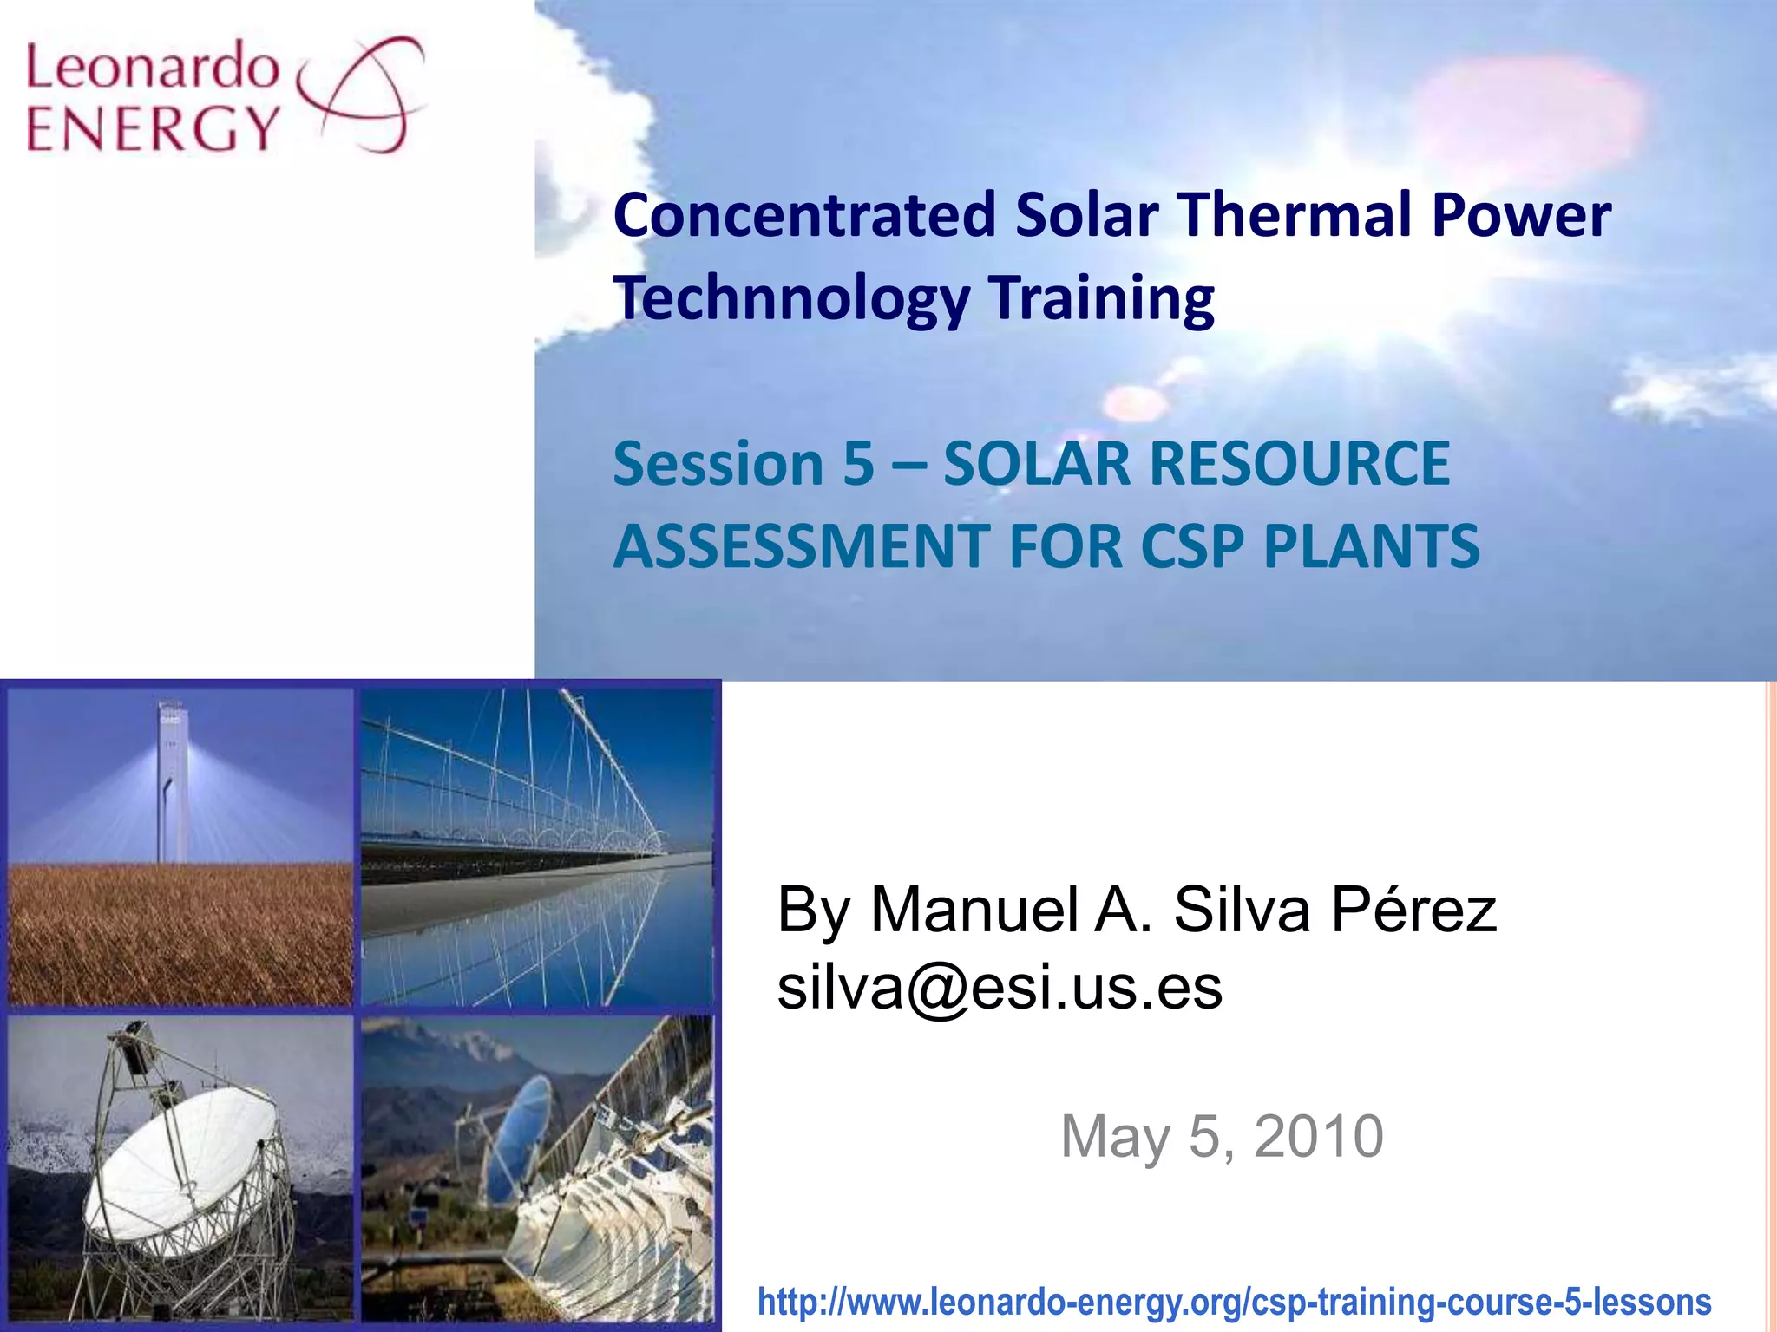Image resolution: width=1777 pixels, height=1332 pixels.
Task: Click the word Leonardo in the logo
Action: point(152,67)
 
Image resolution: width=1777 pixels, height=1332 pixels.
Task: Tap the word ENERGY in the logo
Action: point(152,128)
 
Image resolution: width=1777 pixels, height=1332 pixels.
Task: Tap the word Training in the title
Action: point(1101,297)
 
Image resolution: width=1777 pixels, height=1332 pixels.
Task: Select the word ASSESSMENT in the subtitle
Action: point(802,545)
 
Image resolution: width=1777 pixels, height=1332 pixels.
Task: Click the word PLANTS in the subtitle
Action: point(1371,545)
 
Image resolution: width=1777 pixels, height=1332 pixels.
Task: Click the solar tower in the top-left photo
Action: point(173,780)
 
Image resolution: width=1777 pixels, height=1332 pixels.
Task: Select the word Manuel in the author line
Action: point(976,910)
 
